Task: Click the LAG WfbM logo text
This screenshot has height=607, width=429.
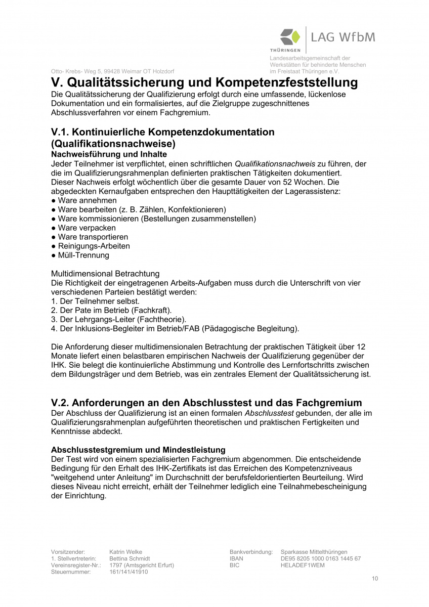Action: point(343,37)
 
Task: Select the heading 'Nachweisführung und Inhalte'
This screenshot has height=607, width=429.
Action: point(109,154)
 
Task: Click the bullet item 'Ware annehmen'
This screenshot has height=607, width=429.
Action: point(84,200)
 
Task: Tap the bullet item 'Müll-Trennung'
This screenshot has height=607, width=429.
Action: point(80,255)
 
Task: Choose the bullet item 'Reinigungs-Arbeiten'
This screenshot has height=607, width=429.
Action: point(91,246)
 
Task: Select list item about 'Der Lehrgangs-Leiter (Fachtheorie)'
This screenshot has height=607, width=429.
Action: point(119,319)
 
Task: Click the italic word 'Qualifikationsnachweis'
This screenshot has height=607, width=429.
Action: point(276,163)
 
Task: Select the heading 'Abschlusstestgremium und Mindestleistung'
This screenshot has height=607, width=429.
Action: point(138,450)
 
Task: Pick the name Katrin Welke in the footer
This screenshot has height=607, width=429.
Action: point(125,552)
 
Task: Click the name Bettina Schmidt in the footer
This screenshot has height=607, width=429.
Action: point(130,558)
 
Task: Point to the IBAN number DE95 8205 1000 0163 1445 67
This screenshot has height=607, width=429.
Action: point(320,558)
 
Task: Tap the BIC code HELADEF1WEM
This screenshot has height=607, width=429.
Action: point(303,565)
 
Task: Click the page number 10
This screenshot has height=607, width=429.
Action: point(374,579)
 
